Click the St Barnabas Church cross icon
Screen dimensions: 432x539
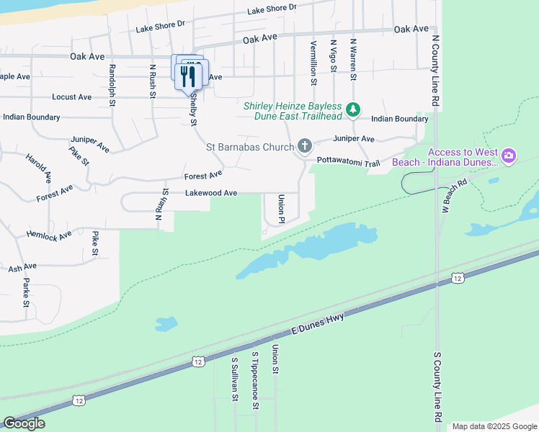point(304,147)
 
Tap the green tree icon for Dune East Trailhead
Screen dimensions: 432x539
point(352,109)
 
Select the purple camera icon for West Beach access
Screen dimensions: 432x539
point(509,156)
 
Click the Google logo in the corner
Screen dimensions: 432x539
point(24,423)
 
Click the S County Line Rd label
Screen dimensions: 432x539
point(437,386)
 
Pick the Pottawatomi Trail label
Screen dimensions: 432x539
point(348,163)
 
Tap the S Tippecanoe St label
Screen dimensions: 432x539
point(255,380)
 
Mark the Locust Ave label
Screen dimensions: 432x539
point(72,96)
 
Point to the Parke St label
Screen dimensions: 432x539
point(26,292)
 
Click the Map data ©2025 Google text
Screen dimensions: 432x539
point(494,426)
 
